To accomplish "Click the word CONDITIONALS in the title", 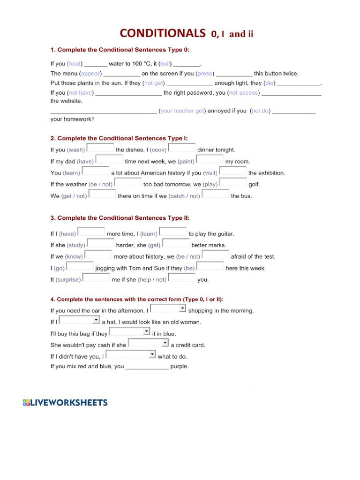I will coord(162,33).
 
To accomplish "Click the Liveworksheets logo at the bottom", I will coord(65,403).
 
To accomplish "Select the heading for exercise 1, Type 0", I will coord(120,50).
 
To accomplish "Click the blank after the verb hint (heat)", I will coord(96,64).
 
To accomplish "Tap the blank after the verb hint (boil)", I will coord(187,64).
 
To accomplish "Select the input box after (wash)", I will coord(100,149).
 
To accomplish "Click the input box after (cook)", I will coord(182,149).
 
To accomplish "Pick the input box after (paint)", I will coord(210,160).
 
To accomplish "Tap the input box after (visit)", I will coord(233,172).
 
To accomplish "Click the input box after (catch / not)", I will coord(215,195).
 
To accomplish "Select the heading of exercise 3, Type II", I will coord(120,218).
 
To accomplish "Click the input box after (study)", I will coord(101,244).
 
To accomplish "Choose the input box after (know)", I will coord(98,255).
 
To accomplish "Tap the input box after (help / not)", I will coord(182,278).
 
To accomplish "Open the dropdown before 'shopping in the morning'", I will coord(168,309).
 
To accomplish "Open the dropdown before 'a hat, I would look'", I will coord(80,321).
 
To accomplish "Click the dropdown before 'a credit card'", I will coord(148,344).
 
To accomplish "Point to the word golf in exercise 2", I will coord(254,184).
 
